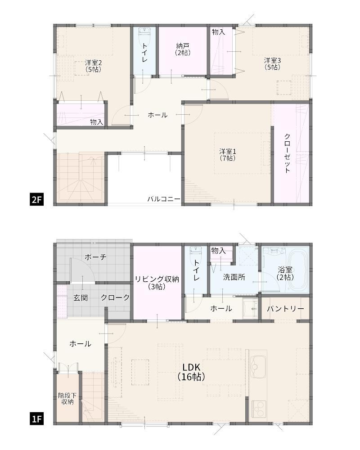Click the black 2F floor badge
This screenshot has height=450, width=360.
(x=36, y=199)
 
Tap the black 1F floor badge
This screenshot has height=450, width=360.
(x=36, y=419)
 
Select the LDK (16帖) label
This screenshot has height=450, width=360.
(x=191, y=372)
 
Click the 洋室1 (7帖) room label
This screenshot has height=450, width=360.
(x=228, y=154)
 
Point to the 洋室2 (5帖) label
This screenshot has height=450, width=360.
(x=93, y=66)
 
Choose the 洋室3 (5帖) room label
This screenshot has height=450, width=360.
(x=272, y=64)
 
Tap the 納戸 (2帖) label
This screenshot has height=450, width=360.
(x=183, y=49)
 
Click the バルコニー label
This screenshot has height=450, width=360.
(x=164, y=199)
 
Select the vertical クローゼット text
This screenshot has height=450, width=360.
(x=288, y=153)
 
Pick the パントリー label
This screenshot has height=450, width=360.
(x=285, y=309)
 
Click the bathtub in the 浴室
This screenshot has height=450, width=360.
(x=297, y=270)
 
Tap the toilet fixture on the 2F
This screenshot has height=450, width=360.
(x=144, y=35)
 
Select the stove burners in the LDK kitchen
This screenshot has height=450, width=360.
(x=259, y=409)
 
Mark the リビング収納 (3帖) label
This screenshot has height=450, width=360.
(x=157, y=283)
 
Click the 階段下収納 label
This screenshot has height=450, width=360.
(x=67, y=399)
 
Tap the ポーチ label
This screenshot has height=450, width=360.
(x=95, y=257)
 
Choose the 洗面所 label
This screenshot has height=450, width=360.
(x=234, y=277)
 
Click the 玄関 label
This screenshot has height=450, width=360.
(x=81, y=297)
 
